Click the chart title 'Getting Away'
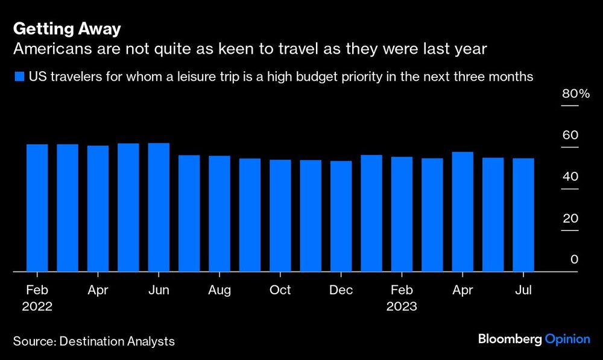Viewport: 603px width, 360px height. (67, 29)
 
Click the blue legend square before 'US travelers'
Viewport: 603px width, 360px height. (19, 77)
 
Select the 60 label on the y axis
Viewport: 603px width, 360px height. (570, 136)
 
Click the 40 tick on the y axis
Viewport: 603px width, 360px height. (570, 177)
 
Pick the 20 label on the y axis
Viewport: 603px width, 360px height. (570, 219)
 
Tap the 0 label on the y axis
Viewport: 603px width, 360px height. (574, 260)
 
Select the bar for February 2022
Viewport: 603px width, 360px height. (37, 208)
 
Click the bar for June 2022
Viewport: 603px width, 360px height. (159, 207)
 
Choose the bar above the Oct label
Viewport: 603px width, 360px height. (280, 216)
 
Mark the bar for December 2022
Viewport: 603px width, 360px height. (341, 216)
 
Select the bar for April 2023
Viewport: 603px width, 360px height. (462, 212)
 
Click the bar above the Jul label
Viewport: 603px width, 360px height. (523, 215)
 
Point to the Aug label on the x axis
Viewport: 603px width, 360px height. (219, 290)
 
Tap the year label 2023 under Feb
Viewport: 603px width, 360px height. (402, 306)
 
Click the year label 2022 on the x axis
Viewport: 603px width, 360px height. (37, 306)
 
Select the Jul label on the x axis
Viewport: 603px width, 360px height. (523, 290)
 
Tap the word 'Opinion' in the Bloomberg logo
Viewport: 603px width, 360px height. (567, 339)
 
